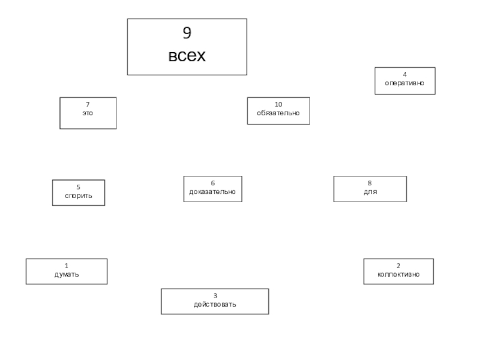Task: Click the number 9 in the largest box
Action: pyautogui.click(x=187, y=33)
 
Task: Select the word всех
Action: pyautogui.click(x=187, y=56)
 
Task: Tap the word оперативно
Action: pyautogui.click(x=404, y=83)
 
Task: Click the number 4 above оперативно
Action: pyautogui.click(x=404, y=75)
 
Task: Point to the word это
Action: pyautogui.click(x=88, y=113)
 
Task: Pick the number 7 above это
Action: pyautogui.click(x=88, y=105)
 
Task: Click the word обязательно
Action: pyautogui.click(x=278, y=113)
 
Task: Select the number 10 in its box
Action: pyautogui.click(x=278, y=104)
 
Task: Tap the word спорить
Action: pyautogui.click(x=79, y=196)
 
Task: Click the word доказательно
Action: pyautogui.click(x=212, y=192)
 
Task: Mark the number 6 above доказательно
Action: pyautogui.click(x=212, y=184)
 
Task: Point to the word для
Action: pyautogui.click(x=370, y=192)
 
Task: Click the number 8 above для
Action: pyautogui.click(x=370, y=184)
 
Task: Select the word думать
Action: pyautogui.click(x=67, y=274)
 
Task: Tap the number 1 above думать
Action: pyautogui.click(x=67, y=266)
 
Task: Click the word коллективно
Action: pyautogui.click(x=398, y=274)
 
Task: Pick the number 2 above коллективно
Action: pyautogui.click(x=398, y=266)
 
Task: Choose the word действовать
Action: pyautogui.click(x=215, y=304)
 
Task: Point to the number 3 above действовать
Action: pyautogui.click(x=215, y=296)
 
